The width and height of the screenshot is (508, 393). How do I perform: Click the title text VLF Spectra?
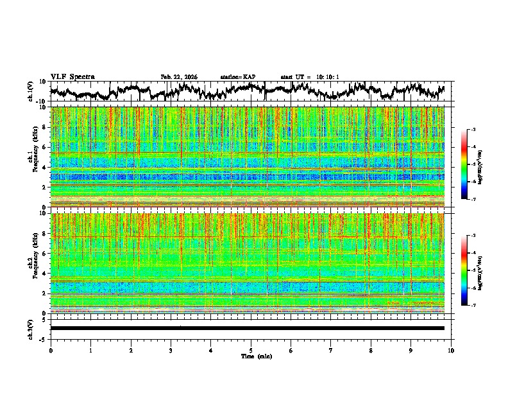(x=72, y=76)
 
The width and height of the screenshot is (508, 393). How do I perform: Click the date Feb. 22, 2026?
(x=179, y=77)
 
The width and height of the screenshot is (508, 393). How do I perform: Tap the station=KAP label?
(x=238, y=77)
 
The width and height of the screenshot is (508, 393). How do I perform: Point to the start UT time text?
(x=310, y=77)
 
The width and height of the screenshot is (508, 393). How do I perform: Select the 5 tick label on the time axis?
(x=251, y=350)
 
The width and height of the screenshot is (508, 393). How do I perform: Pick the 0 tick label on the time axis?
(x=51, y=350)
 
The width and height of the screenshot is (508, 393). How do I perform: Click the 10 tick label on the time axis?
(x=451, y=350)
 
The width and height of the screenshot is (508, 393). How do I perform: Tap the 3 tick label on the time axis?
(x=171, y=350)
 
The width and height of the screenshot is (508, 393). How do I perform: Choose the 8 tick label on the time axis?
(x=371, y=350)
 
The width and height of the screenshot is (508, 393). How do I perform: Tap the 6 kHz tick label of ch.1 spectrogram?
(x=44, y=147)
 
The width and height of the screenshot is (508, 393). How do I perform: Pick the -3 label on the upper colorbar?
(x=473, y=130)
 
